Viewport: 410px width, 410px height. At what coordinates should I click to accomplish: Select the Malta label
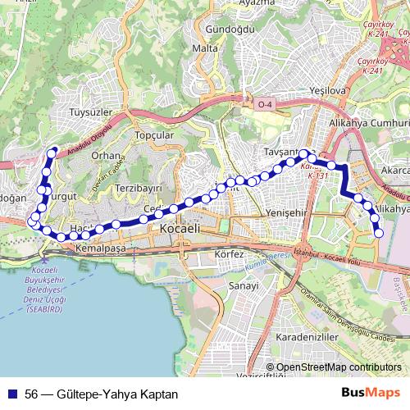[204, 48]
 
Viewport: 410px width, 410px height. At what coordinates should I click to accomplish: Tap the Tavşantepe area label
[286, 153]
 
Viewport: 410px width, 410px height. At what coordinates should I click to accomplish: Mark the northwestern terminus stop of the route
[52, 151]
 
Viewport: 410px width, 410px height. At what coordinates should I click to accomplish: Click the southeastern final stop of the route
[379, 234]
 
